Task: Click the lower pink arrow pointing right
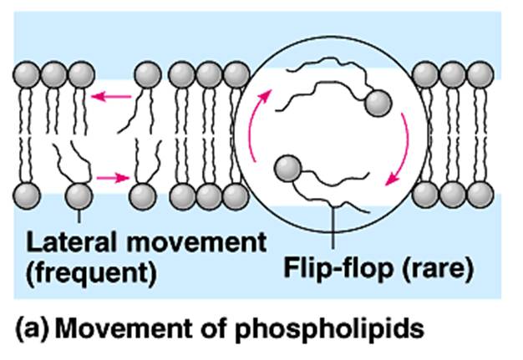tap(110, 177)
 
